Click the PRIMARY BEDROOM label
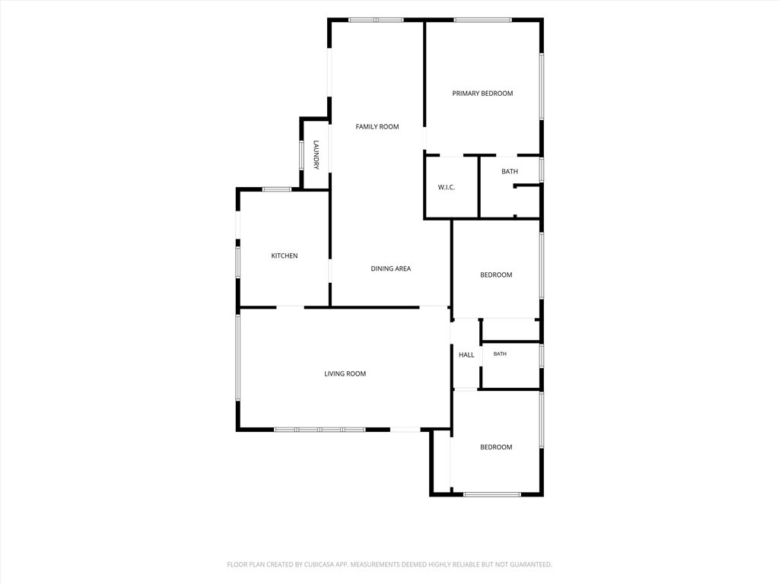(482, 94)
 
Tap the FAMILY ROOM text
(377, 127)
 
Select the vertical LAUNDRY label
(316, 154)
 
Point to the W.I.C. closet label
(446, 187)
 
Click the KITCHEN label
(285, 255)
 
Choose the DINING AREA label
(390, 268)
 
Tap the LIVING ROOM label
(345, 374)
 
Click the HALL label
(466, 354)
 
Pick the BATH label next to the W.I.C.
(510, 171)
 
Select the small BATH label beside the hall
(500, 354)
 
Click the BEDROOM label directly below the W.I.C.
(496, 275)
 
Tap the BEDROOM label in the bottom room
(496, 447)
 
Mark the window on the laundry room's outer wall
(301, 156)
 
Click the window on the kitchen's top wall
(277, 189)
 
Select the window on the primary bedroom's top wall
(482, 20)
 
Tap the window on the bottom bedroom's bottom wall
(492, 494)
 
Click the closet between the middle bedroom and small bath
(510, 329)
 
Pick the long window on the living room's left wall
(238, 357)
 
